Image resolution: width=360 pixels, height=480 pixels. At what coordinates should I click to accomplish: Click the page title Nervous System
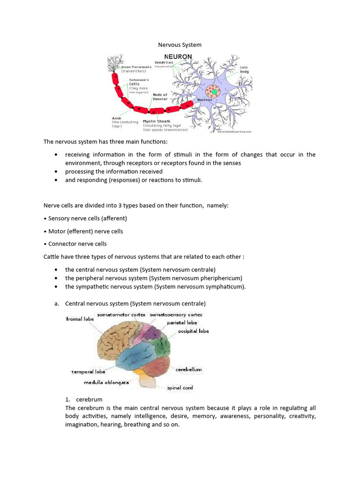tap(180, 45)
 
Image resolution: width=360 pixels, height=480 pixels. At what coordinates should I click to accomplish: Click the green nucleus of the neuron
tap(215, 91)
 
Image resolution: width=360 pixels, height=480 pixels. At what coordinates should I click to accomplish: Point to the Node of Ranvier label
tap(160, 97)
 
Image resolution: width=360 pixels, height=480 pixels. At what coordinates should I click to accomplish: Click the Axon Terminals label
tap(137, 67)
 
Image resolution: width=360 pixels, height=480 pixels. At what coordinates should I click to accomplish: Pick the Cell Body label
tap(244, 70)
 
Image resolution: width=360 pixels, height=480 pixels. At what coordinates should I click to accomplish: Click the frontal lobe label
tap(80, 319)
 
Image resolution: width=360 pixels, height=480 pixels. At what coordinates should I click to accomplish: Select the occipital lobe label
tap(193, 331)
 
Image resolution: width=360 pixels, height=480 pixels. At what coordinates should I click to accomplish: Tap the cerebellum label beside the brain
tap(188, 369)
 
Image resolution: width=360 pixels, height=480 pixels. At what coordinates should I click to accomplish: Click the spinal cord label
tap(180, 388)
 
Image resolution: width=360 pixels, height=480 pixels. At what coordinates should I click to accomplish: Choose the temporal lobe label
tap(88, 372)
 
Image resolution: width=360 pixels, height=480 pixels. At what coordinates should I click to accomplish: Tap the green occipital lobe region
tap(163, 345)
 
